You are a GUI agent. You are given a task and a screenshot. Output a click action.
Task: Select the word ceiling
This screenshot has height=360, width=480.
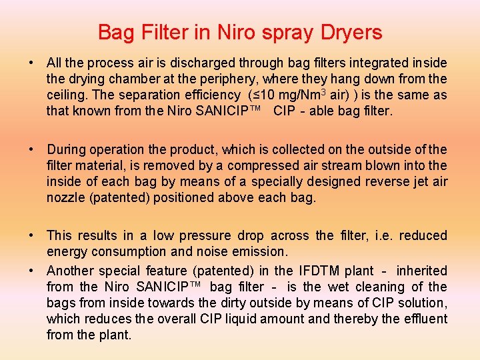point(67,95)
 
